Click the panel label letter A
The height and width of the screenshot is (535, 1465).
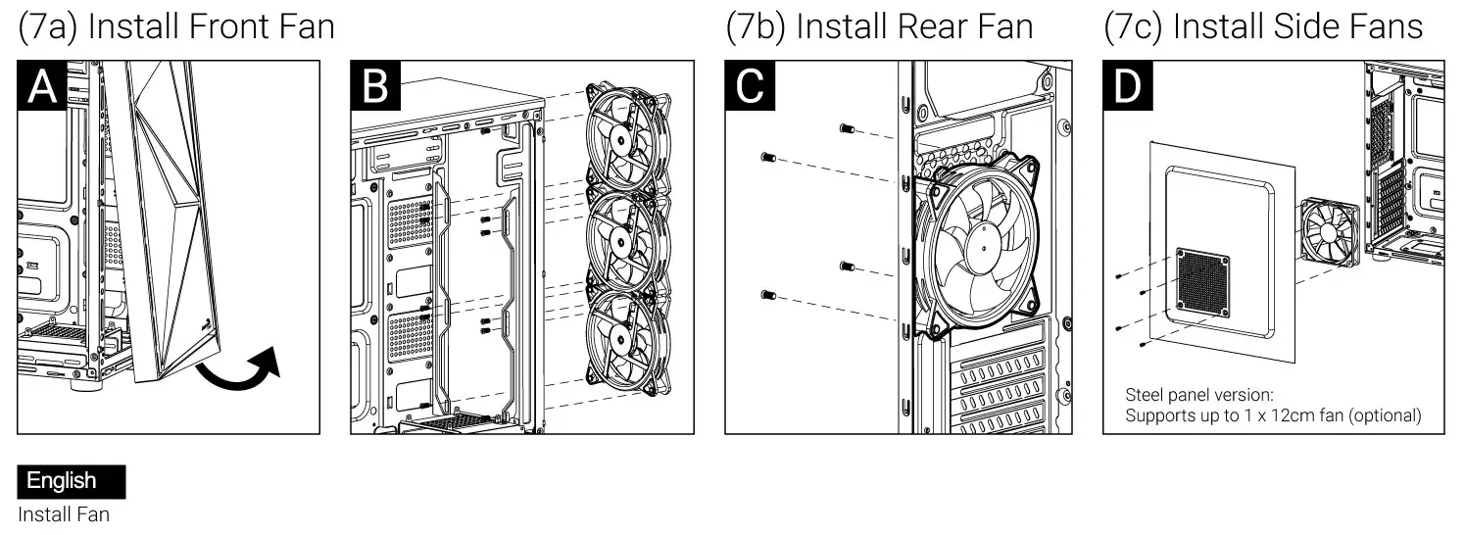pyautogui.click(x=42, y=85)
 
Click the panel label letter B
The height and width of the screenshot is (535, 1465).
pyautogui.click(x=375, y=85)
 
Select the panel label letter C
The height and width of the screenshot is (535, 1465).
pyautogui.click(x=750, y=85)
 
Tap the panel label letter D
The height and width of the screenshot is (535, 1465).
pyautogui.click(x=1128, y=85)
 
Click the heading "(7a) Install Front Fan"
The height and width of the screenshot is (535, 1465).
pyautogui.click(x=176, y=26)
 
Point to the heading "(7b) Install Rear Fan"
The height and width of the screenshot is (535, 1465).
pyautogui.click(x=879, y=26)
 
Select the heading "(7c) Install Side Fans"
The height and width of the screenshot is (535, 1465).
pyautogui.click(x=1263, y=26)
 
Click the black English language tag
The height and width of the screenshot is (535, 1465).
pyautogui.click(x=71, y=481)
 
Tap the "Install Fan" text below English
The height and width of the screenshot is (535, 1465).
pyautogui.click(x=64, y=513)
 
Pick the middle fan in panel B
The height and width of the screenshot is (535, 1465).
pyautogui.click(x=623, y=240)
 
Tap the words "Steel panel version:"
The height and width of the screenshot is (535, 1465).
pyautogui.click(x=1198, y=395)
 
